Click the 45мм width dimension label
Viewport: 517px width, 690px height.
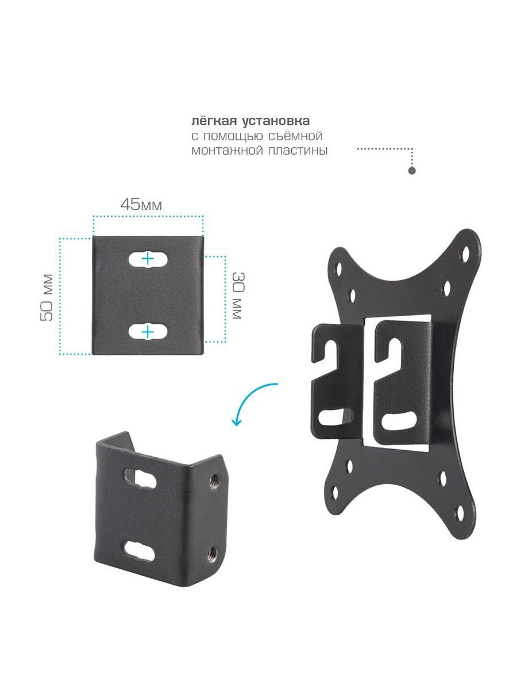point(141,205)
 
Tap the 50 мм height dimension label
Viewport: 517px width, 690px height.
point(47,298)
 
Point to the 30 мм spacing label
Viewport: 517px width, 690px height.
point(238,296)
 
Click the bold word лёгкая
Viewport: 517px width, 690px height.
point(214,121)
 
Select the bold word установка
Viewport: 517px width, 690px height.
point(276,121)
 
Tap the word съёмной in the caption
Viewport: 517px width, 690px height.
point(296,136)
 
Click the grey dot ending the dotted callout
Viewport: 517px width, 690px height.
point(412,171)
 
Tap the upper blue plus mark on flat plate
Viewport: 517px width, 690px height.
point(147,259)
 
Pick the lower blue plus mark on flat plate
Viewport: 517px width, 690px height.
point(147,332)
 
